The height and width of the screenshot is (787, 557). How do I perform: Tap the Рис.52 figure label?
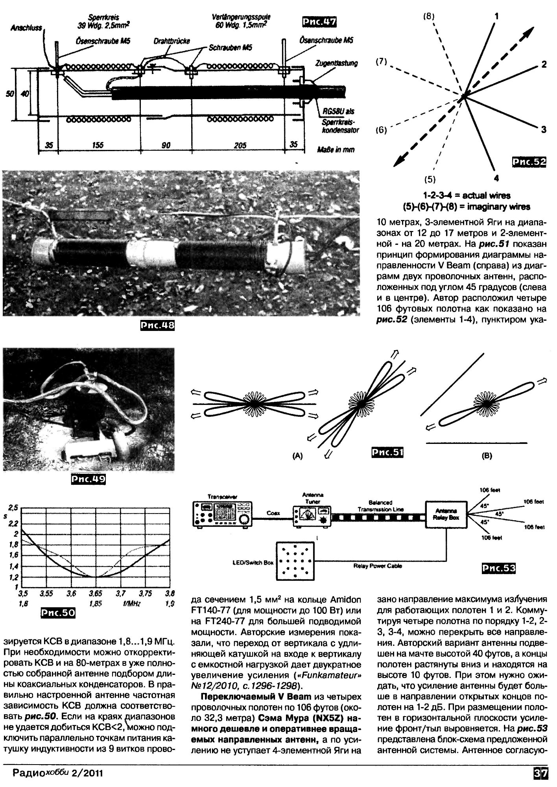[529, 162]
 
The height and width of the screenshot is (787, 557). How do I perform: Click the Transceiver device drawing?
[223, 514]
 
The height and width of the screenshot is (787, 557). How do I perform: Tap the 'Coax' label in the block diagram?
[273, 513]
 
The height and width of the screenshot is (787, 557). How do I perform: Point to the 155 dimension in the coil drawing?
[98, 145]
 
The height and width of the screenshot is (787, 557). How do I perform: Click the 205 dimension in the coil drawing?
[240, 145]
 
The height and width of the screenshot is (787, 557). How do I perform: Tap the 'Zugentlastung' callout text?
[337, 63]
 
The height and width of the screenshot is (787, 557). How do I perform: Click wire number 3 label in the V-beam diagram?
[543, 129]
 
